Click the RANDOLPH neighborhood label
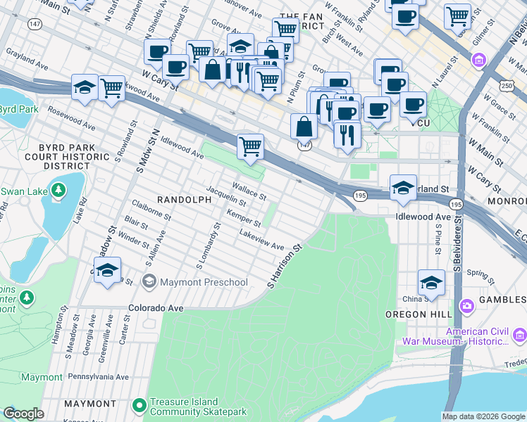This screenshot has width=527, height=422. point(184,200)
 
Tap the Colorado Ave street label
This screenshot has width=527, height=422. point(155,308)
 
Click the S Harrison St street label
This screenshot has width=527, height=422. point(284,266)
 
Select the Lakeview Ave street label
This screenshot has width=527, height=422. point(261,241)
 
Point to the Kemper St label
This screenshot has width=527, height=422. point(244,217)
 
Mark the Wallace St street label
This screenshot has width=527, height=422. point(249,191)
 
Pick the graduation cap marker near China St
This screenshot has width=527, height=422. point(431,283)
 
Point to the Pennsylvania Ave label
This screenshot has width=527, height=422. point(98,377)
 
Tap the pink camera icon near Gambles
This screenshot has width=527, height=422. point(466,306)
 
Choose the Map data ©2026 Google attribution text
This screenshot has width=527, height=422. point(483,416)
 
